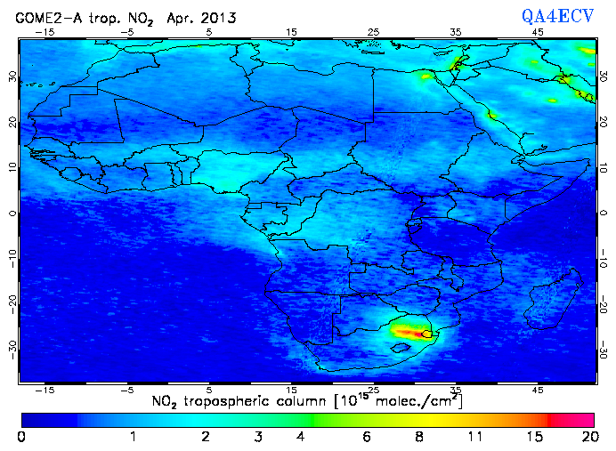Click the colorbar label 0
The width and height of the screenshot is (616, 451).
tap(21, 437)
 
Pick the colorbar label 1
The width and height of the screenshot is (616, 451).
tap(133, 437)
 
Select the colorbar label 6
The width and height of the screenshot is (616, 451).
tap(367, 437)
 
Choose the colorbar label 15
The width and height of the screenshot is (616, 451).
tap(532, 437)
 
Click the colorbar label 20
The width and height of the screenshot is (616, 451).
tap(588, 437)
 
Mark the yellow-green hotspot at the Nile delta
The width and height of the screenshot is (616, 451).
tap(457, 64)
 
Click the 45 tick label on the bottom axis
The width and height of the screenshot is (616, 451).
tap(538, 390)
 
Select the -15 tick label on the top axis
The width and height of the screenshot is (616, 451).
tap(45, 32)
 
